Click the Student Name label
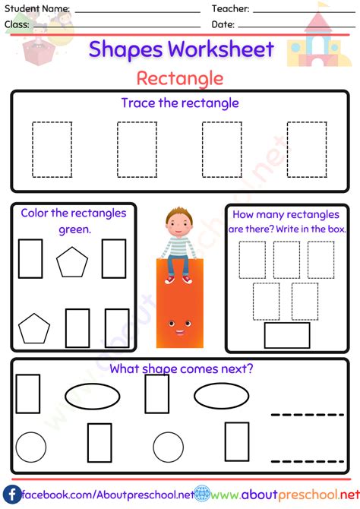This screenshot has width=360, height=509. (37, 9)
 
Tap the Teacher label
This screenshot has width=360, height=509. (231, 9)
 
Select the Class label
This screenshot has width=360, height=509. (17, 24)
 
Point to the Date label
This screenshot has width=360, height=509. (223, 24)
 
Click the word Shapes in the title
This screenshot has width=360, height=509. (125, 50)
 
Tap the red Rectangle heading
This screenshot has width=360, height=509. (180, 78)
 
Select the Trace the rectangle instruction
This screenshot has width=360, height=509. (180, 103)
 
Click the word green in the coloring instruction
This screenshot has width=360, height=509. (74, 229)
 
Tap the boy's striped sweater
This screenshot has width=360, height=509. (179, 247)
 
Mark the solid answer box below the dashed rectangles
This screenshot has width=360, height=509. (286, 335)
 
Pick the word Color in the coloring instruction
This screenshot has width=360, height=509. (36, 213)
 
